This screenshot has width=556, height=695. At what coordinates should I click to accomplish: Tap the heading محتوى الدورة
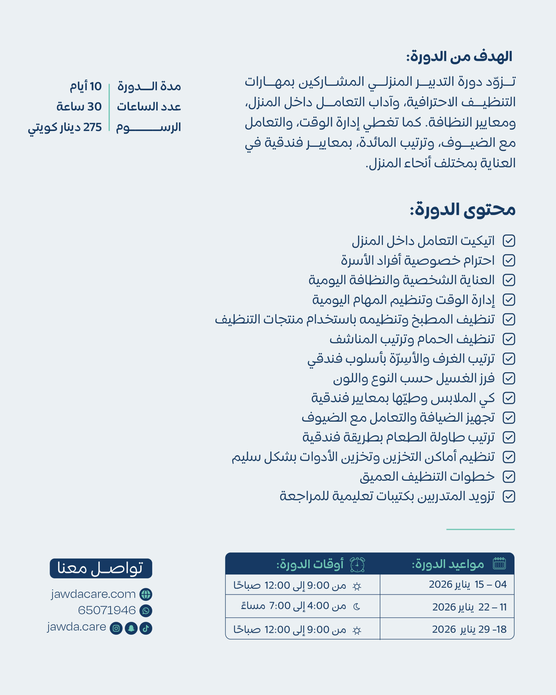coord(462,210)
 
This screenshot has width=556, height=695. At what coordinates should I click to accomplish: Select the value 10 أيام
coord(86,86)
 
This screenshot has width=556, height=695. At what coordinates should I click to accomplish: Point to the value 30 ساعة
coord(79,107)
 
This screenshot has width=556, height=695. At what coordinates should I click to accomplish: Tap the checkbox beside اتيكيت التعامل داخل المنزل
coord(508,241)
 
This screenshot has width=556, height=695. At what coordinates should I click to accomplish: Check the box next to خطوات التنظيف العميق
coord(508,477)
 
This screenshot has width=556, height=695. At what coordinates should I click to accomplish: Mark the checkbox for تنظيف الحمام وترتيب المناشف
coord(508,339)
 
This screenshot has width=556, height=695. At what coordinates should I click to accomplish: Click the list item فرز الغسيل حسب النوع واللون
coord(413,378)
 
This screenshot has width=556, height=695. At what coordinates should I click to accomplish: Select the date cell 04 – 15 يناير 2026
coord(467,585)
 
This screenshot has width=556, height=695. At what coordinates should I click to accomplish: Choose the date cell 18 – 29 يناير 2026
coord(469,629)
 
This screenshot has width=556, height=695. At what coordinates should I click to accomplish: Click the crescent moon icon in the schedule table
coord(356,607)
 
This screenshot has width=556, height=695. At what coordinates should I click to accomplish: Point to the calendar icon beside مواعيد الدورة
coord(499,564)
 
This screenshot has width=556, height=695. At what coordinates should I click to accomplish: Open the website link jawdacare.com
coord(93,594)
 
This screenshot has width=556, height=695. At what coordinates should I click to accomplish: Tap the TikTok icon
coord(146,628)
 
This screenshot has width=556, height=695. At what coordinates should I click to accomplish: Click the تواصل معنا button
coord(100,568)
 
